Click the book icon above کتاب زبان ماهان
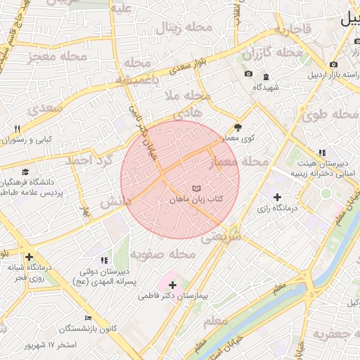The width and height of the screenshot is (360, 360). tap(197, 188)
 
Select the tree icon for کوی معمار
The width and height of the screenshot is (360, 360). tap(237, 127)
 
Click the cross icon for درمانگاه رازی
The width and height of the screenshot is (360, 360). tap(277, 198)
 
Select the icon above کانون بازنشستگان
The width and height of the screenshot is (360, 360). tap(87, 318)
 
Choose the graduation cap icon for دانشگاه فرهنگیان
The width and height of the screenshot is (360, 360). tap(25, 172)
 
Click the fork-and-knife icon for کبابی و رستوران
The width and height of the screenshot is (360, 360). tap(18, 129)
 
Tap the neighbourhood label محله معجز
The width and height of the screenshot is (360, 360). tap(58, 56)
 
